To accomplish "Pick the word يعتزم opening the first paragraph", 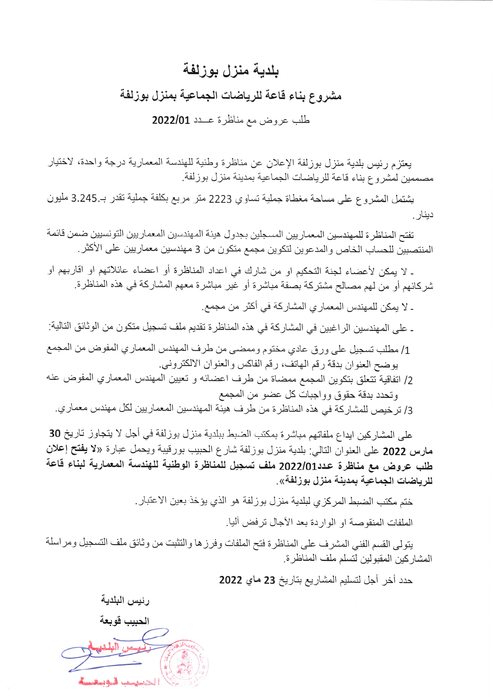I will point(403,165).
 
